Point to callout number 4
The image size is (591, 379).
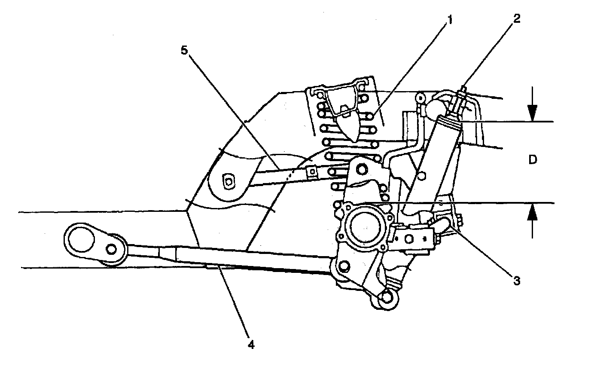(250, 344)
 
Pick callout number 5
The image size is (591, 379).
(184, 50)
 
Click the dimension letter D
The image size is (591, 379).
(533, 160)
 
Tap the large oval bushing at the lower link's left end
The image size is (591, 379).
(82, 241)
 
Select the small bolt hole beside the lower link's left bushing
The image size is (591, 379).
(113, 249)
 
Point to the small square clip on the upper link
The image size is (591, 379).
(312, 171)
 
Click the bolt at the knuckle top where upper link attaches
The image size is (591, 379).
(360, 169)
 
